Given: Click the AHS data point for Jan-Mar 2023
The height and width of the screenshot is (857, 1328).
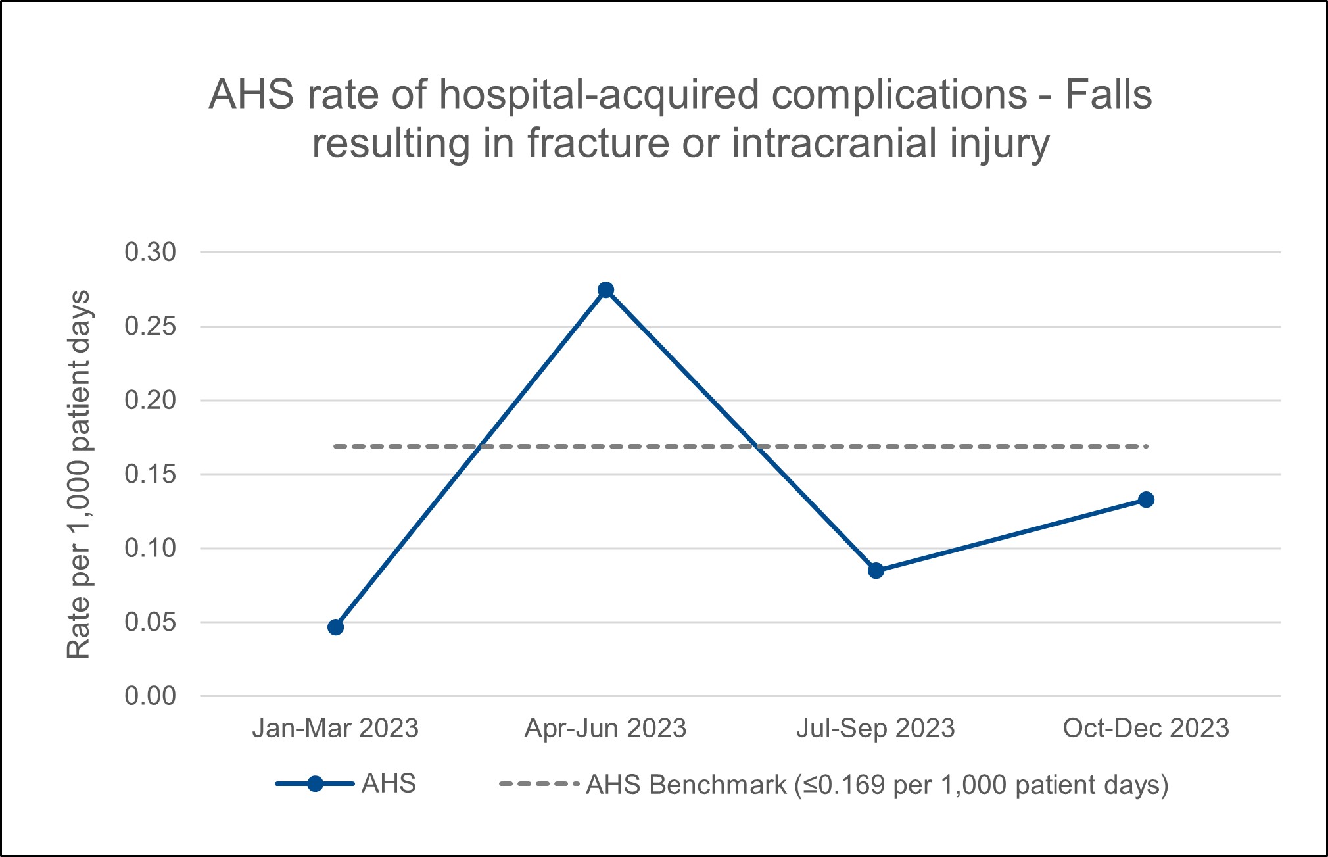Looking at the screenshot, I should click(x=335, y=627).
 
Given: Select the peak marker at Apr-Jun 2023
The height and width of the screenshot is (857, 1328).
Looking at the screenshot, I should click(x=606, y=290).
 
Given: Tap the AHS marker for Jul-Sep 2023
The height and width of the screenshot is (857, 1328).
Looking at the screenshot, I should click(x=876, y=570).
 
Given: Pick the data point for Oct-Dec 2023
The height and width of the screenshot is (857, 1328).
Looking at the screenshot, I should click(x=1146, y=499).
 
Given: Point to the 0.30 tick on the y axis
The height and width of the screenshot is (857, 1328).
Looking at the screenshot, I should click(x=151, y=252).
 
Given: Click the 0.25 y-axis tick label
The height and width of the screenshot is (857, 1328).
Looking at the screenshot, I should click(x=151, y=326).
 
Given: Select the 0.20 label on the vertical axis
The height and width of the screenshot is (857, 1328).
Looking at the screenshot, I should click(x=151, y=400).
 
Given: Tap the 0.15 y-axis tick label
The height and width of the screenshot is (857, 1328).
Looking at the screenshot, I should click(x=151, y=474).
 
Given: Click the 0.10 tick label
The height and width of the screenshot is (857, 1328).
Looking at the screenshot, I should click(x=151, y=548).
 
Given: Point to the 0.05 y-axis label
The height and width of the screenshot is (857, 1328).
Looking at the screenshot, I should click(x=151, y=622).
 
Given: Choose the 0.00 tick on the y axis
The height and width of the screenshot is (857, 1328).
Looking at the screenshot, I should click(x=151, y=696).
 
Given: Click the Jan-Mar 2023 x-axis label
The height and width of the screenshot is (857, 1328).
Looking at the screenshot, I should click(x=335, y=729).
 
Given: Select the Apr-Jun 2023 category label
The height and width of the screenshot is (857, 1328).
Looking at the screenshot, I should click(x=605, y=729).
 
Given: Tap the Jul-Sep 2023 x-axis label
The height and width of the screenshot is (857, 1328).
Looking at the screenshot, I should click(x=876, y=729).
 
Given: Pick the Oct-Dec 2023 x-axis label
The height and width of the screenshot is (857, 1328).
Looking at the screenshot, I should click(x=1146, y=729).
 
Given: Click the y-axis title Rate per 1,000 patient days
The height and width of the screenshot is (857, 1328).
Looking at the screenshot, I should click(x=79, y=474).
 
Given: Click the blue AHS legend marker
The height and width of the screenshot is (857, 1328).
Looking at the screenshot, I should click(x=315, y=784).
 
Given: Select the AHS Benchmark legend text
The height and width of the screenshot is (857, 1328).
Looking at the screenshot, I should click(x=877, y=785).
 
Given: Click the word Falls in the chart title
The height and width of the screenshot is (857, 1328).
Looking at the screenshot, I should click(x=1108, y=95).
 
